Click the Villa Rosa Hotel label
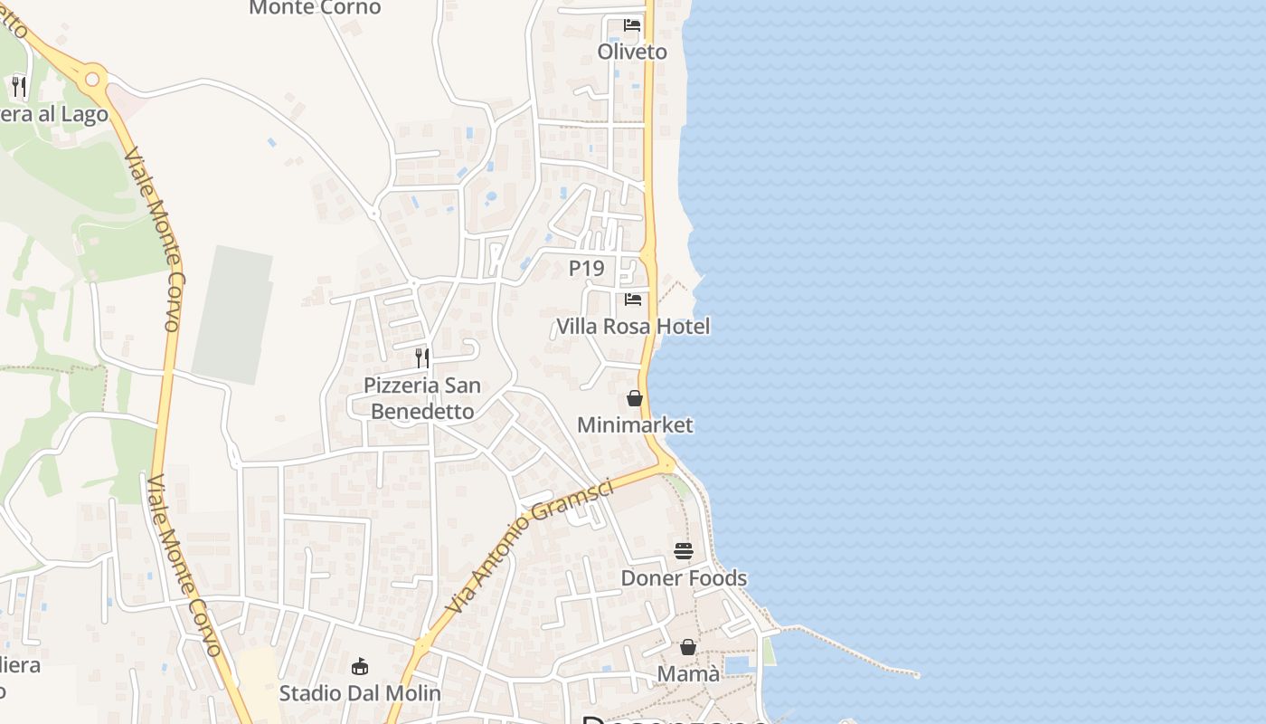633,326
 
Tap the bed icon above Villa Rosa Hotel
633,299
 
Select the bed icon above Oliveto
632,25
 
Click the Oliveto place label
632,52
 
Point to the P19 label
586,268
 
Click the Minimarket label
635,424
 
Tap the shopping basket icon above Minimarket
635,398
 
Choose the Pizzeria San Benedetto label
422,398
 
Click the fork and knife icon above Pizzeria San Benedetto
422,358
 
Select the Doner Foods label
684,577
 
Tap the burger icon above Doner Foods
684,551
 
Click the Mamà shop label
688,673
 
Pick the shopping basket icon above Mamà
688,647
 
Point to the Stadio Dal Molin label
360,693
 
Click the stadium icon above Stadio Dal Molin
360,667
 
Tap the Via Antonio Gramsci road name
530,546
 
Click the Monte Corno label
315,8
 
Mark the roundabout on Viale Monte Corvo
91,79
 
